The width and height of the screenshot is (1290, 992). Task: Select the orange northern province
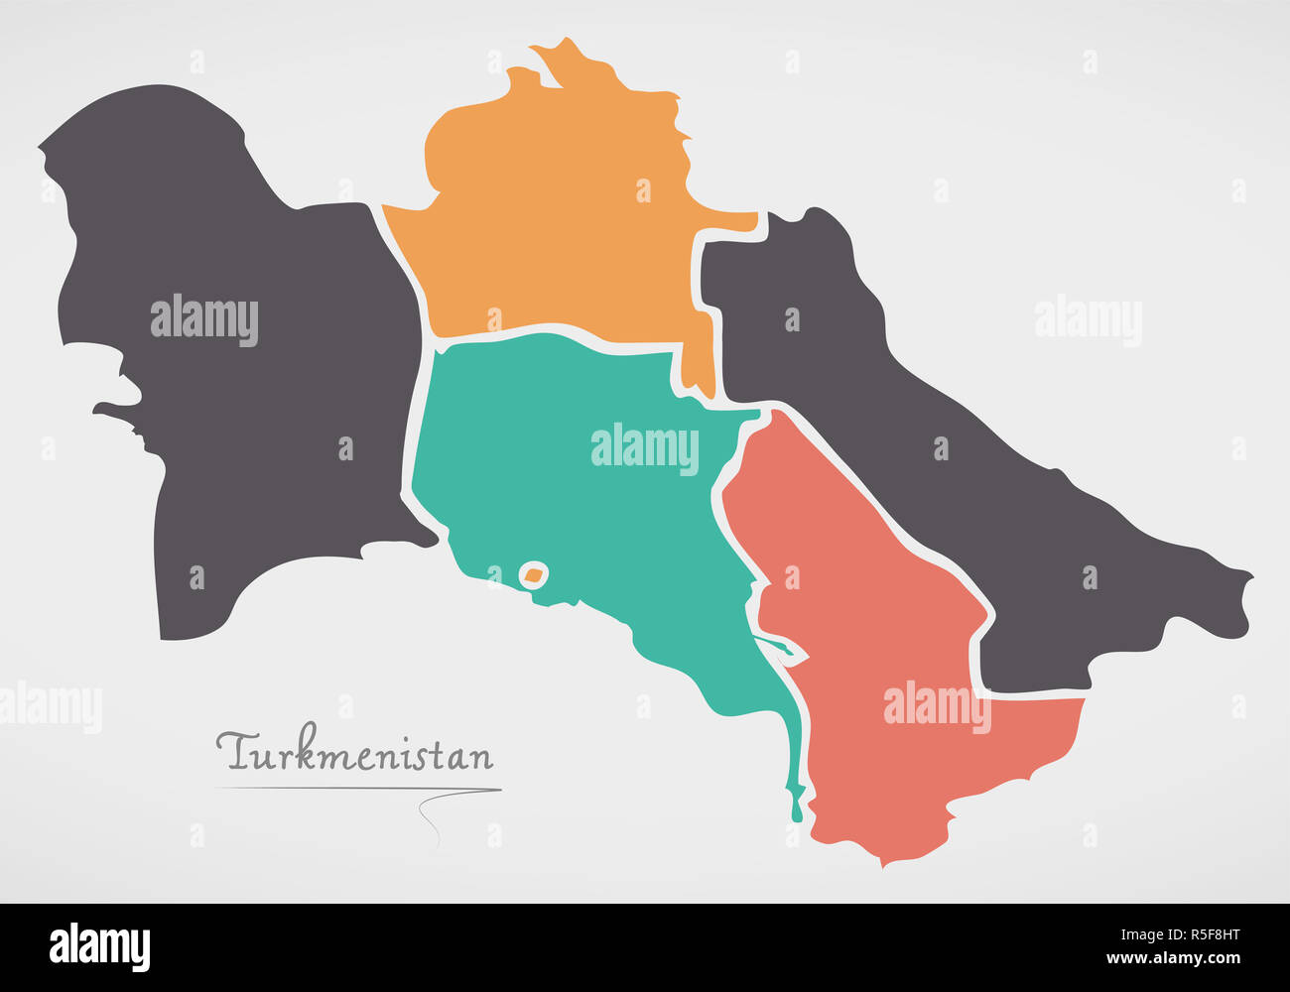click(556, 228)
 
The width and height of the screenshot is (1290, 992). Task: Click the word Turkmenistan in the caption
click(355, 753)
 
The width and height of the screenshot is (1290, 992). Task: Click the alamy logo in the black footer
click(99, 947)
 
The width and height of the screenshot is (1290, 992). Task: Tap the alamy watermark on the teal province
click(645, 447)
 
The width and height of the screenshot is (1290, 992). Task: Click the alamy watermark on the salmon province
click(937, 705)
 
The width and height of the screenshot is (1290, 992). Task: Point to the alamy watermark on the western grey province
click(204, 319)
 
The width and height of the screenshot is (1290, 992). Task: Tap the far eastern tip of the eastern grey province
click(1247, 577)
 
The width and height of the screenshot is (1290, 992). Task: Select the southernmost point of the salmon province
click(882, 863)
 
